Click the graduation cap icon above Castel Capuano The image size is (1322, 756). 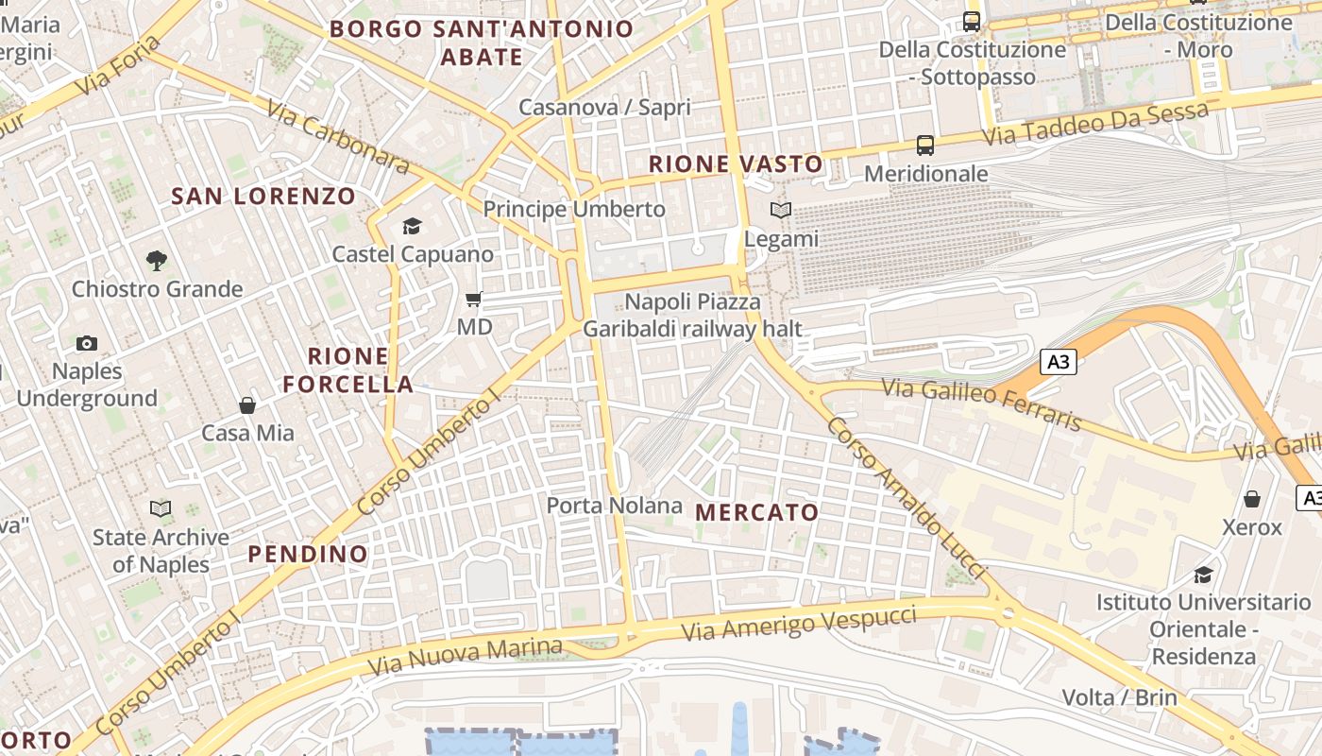tap(412, 226)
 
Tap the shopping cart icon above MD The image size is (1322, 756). tap(474, 300)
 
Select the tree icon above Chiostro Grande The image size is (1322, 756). tap(157, 260)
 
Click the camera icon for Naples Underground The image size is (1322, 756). tap(87, 343)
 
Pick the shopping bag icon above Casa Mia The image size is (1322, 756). tap(247, 405)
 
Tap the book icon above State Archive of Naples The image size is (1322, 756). tap(161, 509)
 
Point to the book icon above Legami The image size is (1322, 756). tap(781, 211)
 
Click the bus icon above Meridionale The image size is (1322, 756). tap(925, 146)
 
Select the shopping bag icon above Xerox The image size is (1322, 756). tap(1252, 499)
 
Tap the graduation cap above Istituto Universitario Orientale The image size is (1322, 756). tap(1203, 575)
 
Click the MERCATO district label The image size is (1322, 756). tap(757, 512)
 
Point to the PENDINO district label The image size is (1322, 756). tap(308, 554)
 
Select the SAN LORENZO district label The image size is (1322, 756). tap(263, 197)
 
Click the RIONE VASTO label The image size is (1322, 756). tap(737, 164)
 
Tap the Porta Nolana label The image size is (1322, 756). tap(614, 506)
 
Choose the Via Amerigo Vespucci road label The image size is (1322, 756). tap(799, 622)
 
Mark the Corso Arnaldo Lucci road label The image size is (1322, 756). tap(905, 497)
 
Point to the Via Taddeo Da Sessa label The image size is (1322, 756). tap(1095, 124)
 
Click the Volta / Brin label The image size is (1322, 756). tap(1119, 698)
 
